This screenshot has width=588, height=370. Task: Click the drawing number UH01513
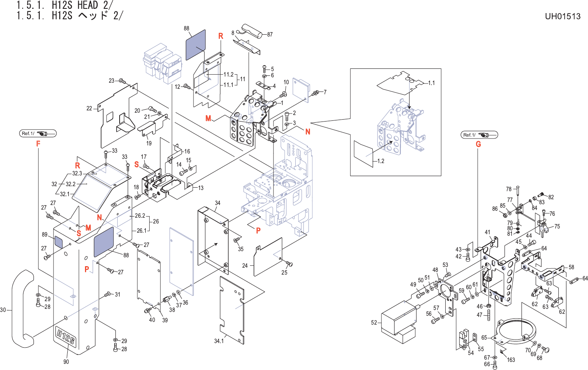(x=562, y=17)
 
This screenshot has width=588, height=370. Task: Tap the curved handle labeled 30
(x=21, y=308)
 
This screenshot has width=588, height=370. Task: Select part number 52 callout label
(x=374, y=323)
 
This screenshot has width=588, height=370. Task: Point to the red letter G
(x=478, y=144)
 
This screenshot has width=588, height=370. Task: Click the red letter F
(x=38, y=144)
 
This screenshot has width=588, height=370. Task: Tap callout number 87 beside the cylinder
(x=270, y=35)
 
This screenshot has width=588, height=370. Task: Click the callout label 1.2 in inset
(x=380, y=161)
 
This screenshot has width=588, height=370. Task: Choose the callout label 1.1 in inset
(x=431, y=83)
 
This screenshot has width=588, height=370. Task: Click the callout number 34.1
(x=219, y=341)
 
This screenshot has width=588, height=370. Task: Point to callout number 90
(x=66, y=362)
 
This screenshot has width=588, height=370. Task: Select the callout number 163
(x=511, y=360)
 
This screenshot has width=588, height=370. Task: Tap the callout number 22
(x=89, y=108)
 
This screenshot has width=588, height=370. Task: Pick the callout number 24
(x=245, y=266)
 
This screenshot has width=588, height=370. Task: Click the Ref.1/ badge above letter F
(x=38, y=133)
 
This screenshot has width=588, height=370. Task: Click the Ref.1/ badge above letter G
(x=479, y=135)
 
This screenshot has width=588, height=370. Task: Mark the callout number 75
(x=557, y=227)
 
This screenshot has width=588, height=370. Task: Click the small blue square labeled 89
(x=58, y=242)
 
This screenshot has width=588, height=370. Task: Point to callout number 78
(x=509, y=189)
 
